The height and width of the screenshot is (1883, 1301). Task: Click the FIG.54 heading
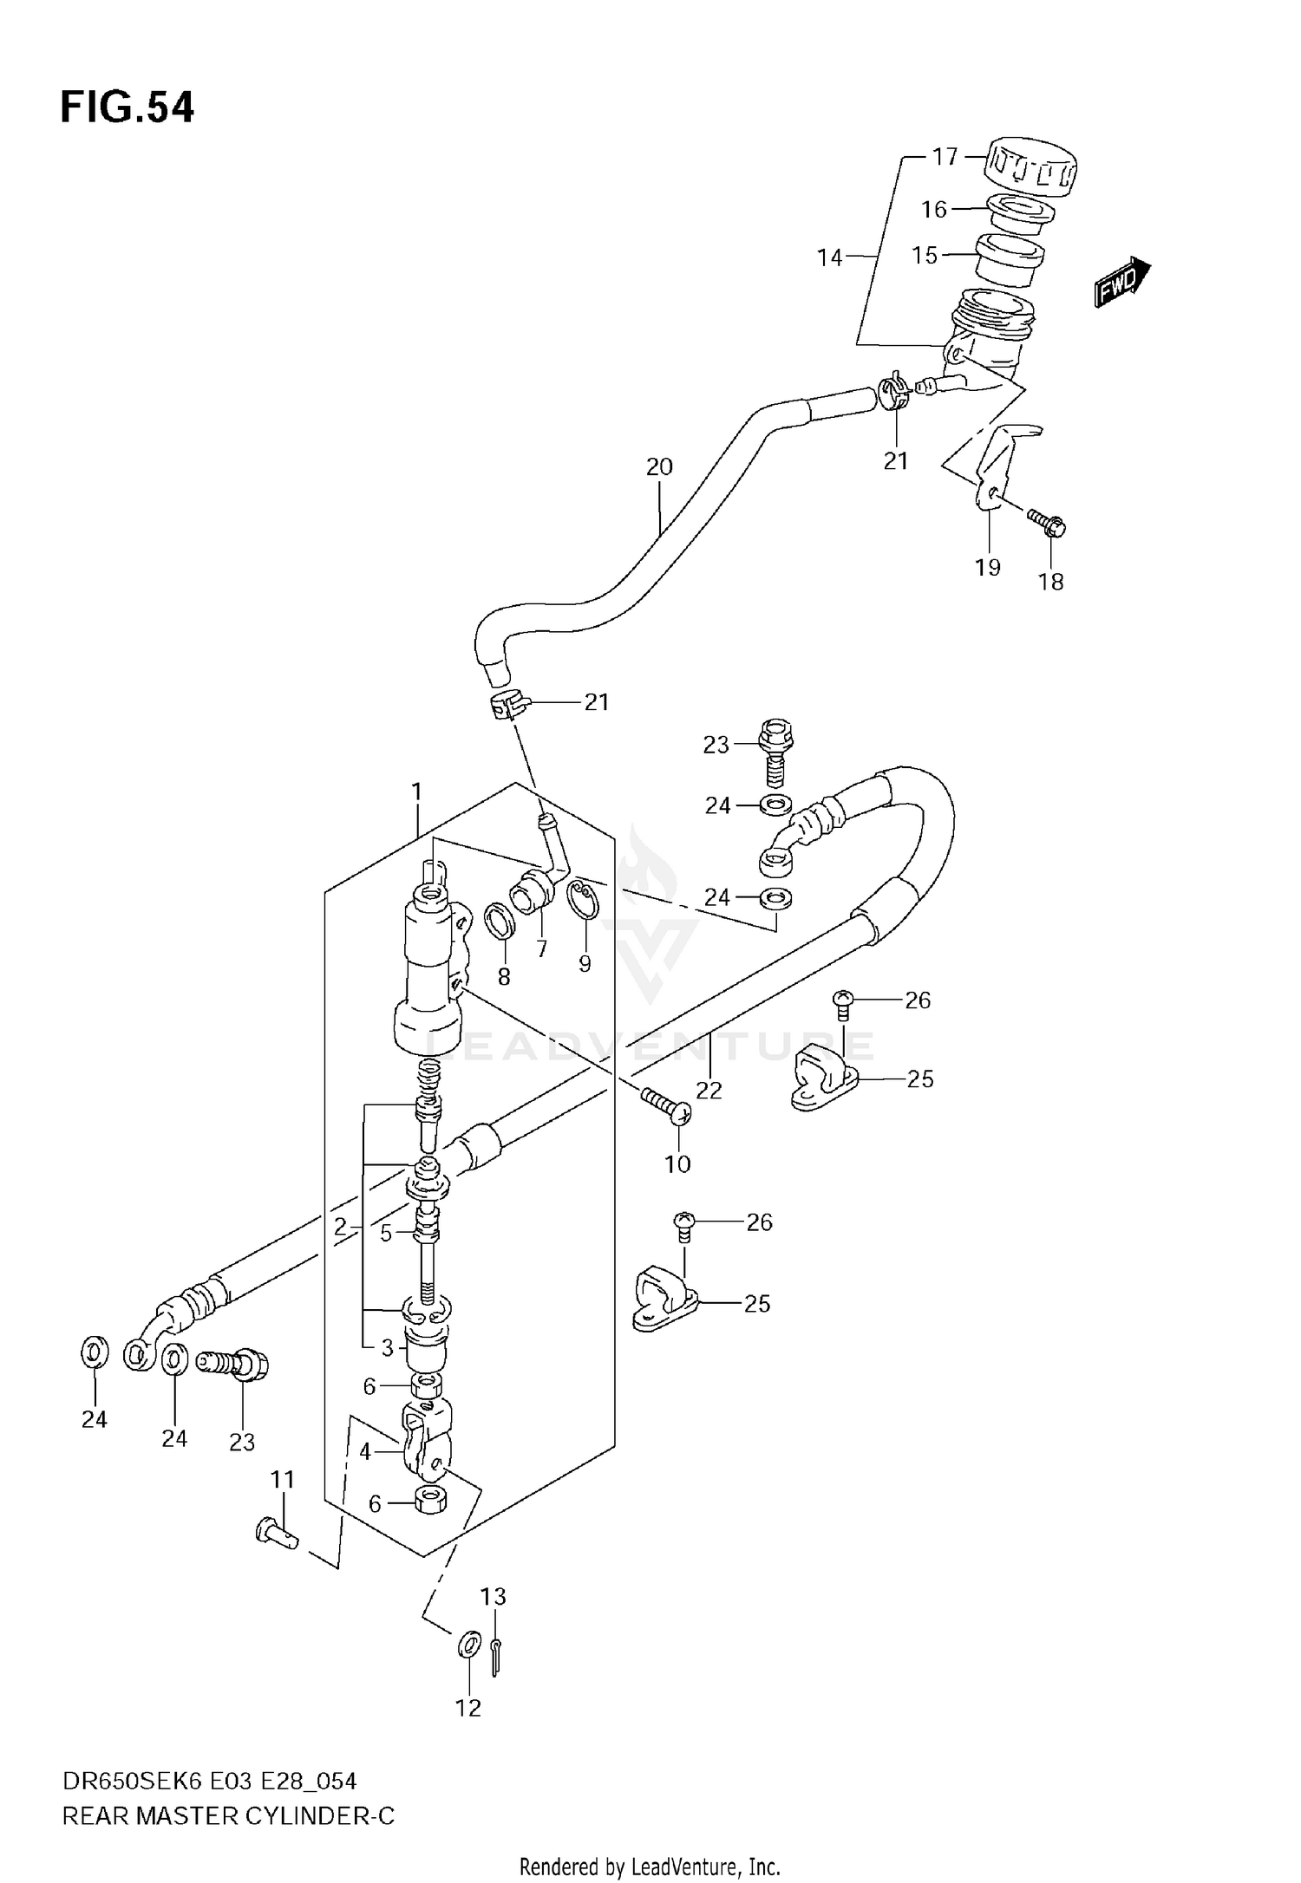(127, 108)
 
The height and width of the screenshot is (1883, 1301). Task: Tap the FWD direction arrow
(1121, 283)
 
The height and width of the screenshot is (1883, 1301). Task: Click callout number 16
(933, 210)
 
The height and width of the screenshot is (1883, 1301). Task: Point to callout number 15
(925, 255)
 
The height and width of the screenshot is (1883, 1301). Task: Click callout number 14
(829, 257)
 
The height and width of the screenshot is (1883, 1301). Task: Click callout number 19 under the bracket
(988, 567)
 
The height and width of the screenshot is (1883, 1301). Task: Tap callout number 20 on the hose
(659, 467)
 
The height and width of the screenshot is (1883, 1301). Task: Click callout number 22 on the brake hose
(709, 1090)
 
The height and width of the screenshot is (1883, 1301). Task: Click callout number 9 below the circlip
(585, 963)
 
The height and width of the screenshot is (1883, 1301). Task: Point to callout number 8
(504, 977)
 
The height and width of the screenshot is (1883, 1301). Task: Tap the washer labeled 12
(468, 1641)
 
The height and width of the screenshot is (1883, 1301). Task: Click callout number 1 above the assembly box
(416, 792)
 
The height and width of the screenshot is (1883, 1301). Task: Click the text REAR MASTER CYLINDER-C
(228, 1815)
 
